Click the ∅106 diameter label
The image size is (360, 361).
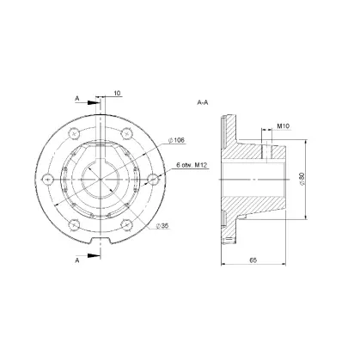(x=176, y=140)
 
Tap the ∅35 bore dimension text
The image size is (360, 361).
(x=162, y=226)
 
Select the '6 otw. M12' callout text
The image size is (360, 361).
(x=192, y=165)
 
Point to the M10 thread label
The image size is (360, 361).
(x=284, y=125)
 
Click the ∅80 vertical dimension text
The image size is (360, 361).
(x=302, y=179)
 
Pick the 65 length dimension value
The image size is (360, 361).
(x=253, y=260)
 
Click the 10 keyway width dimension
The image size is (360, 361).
(x=118, y=93)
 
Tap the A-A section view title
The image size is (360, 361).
(x=203, y=102)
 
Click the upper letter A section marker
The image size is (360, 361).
(x=76, y=98)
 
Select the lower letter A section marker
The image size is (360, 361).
(x=76, y=260)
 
